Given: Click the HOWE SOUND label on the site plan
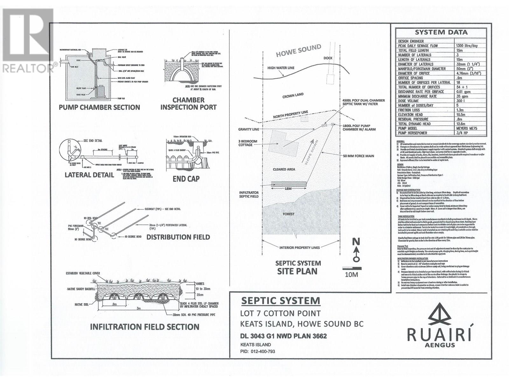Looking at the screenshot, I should coord(298,50).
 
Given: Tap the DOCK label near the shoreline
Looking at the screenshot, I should coord(328,58).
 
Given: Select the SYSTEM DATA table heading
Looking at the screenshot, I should coord(441,32).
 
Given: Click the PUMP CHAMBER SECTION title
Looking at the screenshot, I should coord(99,107).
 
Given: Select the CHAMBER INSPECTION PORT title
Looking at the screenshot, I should coord(188,103).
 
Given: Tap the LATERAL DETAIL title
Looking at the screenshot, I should coord(89,175).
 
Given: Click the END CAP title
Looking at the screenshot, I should coord(186,179).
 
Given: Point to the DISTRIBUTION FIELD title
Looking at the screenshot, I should coord(178,237).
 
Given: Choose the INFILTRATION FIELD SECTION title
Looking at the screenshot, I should coord(145,327).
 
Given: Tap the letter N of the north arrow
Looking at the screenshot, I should coord(356,242).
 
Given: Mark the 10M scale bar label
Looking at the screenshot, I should coord(352,274).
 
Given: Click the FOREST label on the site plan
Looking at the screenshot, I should coord(289,214).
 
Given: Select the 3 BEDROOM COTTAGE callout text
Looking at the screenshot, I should coord(248,143).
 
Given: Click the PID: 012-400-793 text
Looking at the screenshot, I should coord(257,351).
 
